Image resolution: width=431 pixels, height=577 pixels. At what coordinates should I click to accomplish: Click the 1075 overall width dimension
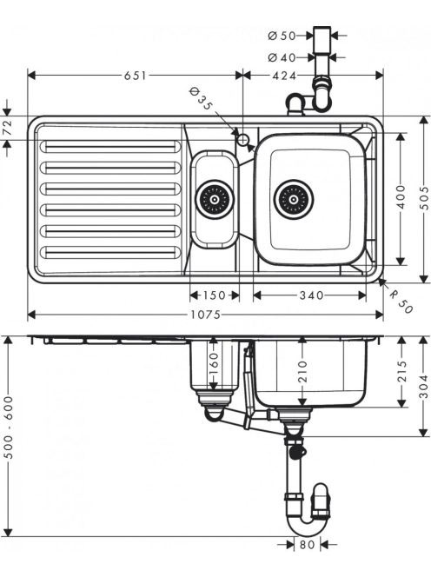click(205, 315)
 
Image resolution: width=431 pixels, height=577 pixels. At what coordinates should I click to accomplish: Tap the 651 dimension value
click(135, 76)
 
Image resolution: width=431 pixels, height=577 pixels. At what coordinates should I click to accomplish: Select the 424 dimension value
click(284, 76)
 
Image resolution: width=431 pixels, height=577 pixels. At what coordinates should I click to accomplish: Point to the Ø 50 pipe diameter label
click(282, 36)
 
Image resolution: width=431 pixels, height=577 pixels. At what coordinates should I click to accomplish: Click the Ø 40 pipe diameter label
click(282, 57)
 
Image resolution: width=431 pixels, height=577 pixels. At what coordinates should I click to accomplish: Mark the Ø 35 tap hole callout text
click(201, 99)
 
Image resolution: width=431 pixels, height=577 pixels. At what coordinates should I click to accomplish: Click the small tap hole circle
click(243, 139)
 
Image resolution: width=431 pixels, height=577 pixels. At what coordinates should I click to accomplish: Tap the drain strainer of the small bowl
click(215, 200)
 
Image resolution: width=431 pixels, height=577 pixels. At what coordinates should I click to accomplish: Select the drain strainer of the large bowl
click(294, 200)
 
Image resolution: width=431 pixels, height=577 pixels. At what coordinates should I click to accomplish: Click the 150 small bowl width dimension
click(215, 295)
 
